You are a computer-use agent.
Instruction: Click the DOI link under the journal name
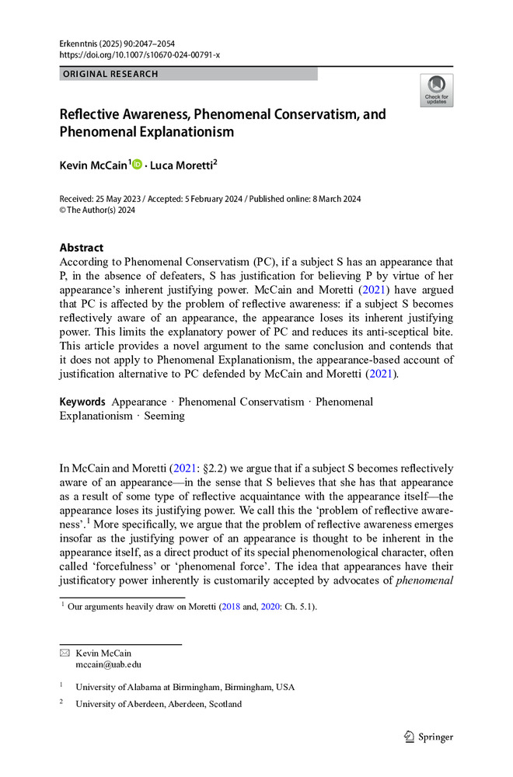click(x=140, y=55)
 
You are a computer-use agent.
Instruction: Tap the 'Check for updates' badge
click(x=436, y=91)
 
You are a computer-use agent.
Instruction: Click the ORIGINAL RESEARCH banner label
click(x=109, y=74)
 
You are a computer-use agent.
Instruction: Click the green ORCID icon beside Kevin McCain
click(x=138, y=164)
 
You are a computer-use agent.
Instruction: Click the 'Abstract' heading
click(x=82, y=248)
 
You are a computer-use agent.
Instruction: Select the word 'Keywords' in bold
click(x=82, y=402)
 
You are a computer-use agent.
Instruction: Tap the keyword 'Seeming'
click(x=164, y=416)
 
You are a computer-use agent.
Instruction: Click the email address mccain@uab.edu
click(x=108, y=664)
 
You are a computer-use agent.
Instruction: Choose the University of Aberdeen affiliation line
click(x=159, y=704)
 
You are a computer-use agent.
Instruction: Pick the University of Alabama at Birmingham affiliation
click(x=185, y=687)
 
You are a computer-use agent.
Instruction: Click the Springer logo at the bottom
click(x=429, y=737)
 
